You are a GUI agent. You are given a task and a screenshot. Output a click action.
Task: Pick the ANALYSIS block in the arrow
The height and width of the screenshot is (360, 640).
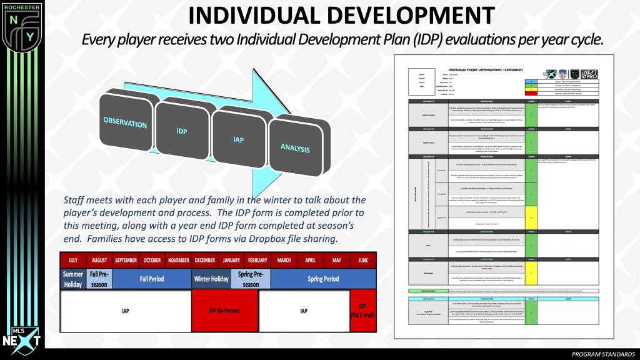[x=295, y=148]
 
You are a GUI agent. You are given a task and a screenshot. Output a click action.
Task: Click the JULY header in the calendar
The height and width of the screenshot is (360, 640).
[x=72, y=260]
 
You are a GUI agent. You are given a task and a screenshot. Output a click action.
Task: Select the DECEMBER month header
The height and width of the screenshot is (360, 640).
[x=204, y=260]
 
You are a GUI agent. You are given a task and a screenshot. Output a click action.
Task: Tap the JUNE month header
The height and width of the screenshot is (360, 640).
[x=363, y=260]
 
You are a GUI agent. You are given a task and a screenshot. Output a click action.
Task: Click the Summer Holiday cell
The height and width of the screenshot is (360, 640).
[x=72, y=279]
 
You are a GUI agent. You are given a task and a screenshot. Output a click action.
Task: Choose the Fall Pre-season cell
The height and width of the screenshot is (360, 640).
[x=99, y=279]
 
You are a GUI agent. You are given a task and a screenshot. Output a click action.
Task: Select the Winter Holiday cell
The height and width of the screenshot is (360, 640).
[x=211, y=279]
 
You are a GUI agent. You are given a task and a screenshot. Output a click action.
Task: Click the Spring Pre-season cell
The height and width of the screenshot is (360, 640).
[x=251, y=279]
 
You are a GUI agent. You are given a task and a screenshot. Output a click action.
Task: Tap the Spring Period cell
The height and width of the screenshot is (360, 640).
[x=323, y=279]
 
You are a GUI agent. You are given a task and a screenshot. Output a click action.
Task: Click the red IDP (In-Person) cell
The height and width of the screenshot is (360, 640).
[x=224, y=310]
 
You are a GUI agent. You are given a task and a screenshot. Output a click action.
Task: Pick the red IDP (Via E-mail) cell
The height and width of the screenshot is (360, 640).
[x=363, y=310]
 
